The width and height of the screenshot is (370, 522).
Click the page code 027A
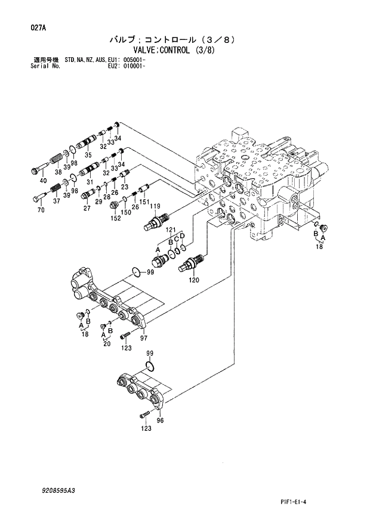point(34,27)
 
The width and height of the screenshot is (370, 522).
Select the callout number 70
point(42,210)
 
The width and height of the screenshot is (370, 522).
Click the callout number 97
point(143,338)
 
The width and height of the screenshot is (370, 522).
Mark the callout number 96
point(159,421)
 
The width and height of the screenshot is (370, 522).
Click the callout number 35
point(87,155)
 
